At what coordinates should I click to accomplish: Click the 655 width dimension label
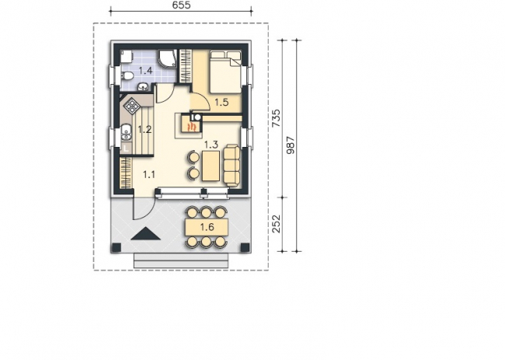point(181,5)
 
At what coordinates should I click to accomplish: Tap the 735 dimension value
point(277,118)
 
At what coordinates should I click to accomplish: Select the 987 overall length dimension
point(291,145)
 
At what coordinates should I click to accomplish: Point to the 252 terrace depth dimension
point(277,224)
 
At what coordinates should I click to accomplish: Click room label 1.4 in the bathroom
point(145,70)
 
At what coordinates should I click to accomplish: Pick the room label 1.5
point(221,103)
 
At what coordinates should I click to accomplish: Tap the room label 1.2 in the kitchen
point(145,130)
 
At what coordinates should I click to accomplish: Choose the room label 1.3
point(211,145)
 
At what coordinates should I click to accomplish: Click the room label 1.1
point(149,175)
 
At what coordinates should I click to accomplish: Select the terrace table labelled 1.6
point(207,227)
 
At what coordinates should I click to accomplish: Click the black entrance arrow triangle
point(145,233)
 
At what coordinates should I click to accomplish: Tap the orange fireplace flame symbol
point(192,126)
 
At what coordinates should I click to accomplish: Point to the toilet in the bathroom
point(127,75)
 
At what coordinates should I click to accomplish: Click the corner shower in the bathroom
point(167,58)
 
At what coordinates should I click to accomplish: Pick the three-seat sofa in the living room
point(232,166)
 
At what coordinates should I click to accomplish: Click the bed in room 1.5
point(225,72)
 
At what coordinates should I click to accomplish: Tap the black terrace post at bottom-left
point(116,247)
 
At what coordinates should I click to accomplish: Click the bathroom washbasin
point(143,86)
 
